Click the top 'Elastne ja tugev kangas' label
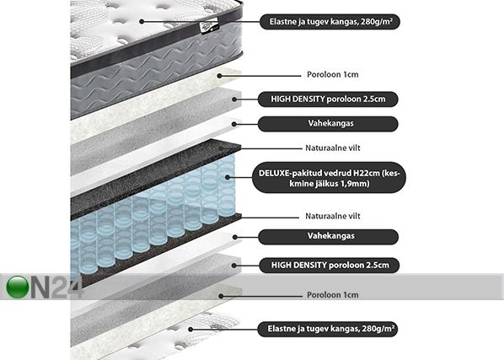[330, 22]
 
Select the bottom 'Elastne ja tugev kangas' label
[328, 329]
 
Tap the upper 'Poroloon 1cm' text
[333, 74]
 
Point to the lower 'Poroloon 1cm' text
[333, 295]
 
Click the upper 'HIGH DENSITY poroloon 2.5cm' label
[328, 99]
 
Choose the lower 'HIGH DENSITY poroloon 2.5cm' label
[330, 266]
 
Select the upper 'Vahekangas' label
[328, 124]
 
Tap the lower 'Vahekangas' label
[329, 237]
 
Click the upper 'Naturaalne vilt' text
[333, 148]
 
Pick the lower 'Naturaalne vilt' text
[333, 216]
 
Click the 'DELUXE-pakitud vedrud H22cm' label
[330, 177]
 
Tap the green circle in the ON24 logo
[18, 287]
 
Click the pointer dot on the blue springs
[228, 177]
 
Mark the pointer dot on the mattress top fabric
[142, 22]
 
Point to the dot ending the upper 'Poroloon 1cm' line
[219, 76]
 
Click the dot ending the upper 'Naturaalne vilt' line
[221, 148]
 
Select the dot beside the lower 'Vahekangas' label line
[235, 237]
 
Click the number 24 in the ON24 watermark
[67, 287]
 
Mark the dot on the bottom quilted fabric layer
[190, 330]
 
